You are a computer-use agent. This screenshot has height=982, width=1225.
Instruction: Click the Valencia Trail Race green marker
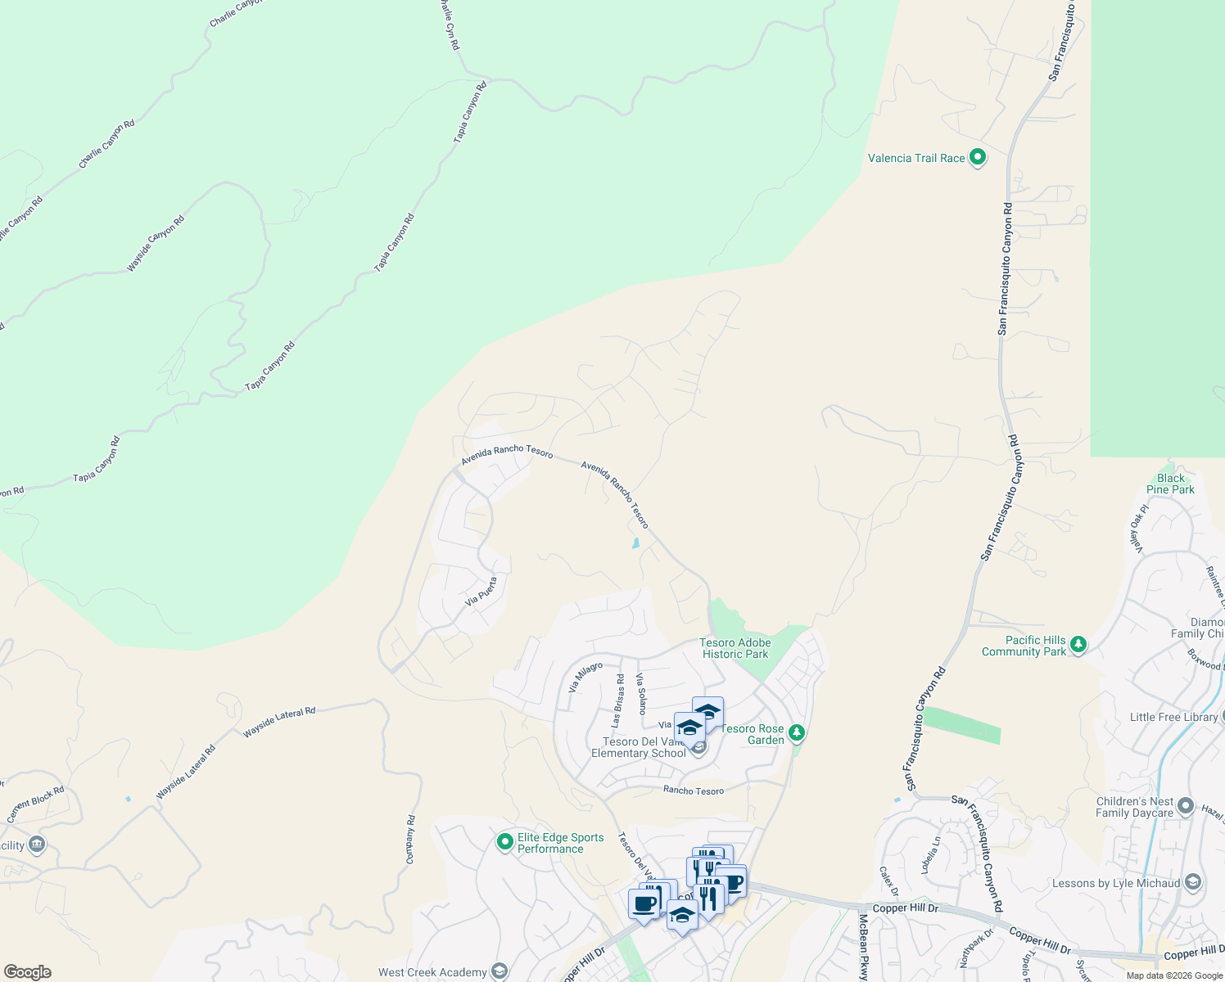tap(977, 157)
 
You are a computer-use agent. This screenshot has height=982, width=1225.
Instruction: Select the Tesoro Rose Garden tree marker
tap(797, 733)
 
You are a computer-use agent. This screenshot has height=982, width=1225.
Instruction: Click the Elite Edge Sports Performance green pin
tap(505, 841)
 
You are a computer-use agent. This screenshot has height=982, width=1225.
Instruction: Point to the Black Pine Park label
tap(1170, 484)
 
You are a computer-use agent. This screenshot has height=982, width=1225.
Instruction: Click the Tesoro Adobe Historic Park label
tap(735, 648)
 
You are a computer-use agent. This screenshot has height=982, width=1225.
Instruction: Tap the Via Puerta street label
tap(481, 592)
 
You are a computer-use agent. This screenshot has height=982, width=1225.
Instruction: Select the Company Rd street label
tap(411, 840)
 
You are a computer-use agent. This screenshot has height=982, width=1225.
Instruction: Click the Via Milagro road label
tap(585, 678)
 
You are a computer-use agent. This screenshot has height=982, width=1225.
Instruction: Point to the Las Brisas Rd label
tap(618, 700)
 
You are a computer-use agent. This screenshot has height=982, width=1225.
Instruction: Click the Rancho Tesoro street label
tap(694, 791)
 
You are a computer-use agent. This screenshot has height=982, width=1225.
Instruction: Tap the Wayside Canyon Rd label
tap(156, 244)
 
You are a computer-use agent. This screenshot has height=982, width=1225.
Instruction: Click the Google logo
tap(27, 972)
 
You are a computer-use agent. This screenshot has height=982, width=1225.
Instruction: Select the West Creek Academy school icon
tap(499, 971)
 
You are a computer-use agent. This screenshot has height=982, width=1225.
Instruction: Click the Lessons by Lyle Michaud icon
tap(1192, 882)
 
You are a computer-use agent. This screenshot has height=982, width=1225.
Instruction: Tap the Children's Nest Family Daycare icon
tap(1185, 808)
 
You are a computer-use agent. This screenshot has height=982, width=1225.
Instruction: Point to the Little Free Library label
tap(1173, 717)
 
